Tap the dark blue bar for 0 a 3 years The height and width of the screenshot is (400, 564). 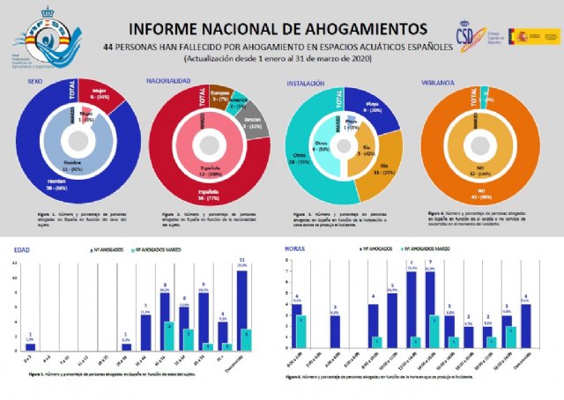[31, 347]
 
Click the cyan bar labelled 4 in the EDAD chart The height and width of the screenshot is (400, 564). [168, 337]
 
